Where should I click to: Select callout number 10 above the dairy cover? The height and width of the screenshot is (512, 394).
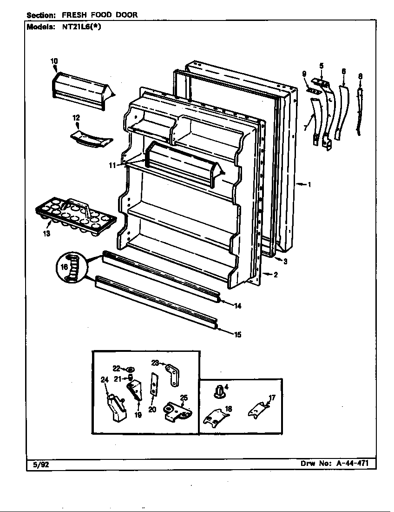(x=54, y=61)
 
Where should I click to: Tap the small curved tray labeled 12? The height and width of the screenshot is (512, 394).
(x=92, y=139)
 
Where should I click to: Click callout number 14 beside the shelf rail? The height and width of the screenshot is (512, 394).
(x=237, y=306)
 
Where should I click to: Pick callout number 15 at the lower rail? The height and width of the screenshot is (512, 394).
(x=237, y=334)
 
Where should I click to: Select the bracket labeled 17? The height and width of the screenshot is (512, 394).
(x=258, y=410)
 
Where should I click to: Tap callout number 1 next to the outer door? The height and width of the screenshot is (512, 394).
(x=309, y=184)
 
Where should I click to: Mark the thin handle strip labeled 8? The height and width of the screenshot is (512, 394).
(x=359, y=109)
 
